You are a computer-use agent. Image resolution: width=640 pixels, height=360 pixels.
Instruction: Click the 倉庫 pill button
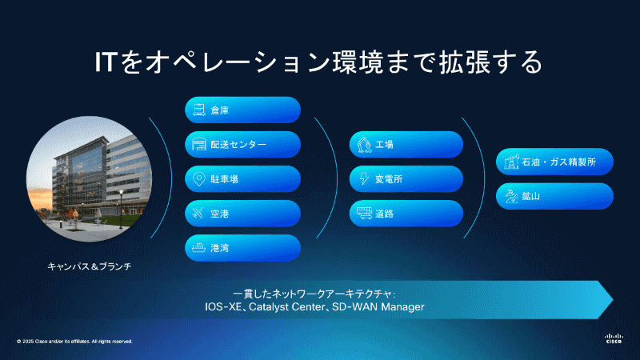pyautogui.click(x=242, y=110)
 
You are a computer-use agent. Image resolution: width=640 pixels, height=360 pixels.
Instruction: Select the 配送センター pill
pyautogui.click(x=242, y=144)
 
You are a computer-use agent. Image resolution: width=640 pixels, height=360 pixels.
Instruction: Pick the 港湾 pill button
pyautogui.click(x=242, y=247)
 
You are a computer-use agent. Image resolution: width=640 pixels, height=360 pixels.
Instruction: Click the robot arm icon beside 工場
pyautogui.click(x=363, y=145)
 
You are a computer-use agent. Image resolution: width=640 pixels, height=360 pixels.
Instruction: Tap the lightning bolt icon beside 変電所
pyautogui.click(x=363, y=179)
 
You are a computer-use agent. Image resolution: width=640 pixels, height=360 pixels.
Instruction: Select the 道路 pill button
pyautogui.click(x=406, y=214)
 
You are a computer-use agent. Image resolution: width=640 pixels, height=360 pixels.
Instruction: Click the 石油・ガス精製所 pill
pyautogui.click(x=554, y=162)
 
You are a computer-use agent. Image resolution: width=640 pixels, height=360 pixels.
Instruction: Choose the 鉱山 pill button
pyautogui.click(x=554, y=196)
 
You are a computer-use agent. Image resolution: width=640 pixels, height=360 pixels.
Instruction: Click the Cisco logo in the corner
pyautogui.click(x=614, y=338)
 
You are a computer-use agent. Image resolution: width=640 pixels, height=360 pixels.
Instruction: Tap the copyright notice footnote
pyautogui.click(x=74, y=342)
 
